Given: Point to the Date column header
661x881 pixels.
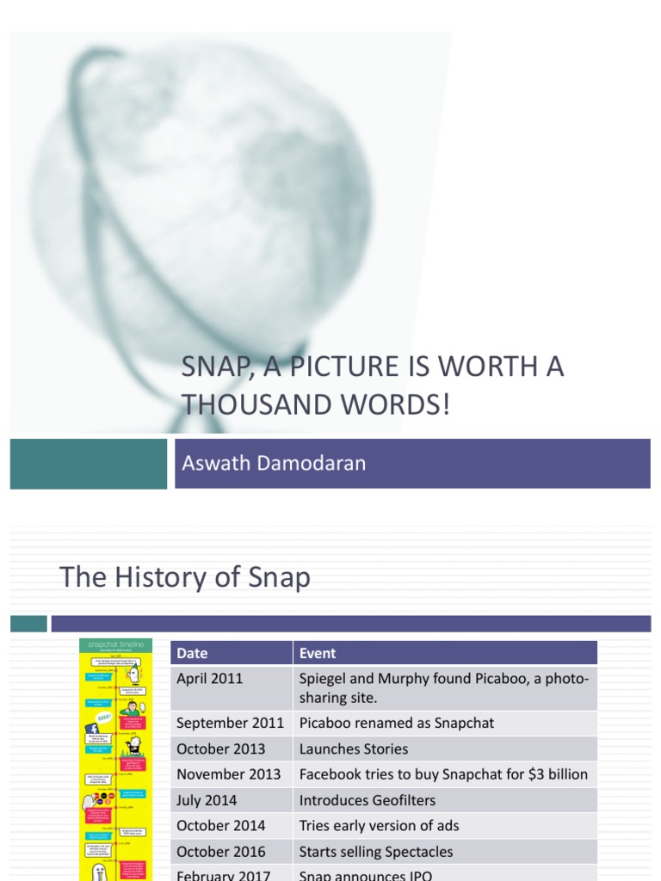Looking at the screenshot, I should tap(192, 653).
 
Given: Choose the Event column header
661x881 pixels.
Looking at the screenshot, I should tap(318, 653).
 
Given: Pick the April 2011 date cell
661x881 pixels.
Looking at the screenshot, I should tap(210, 679).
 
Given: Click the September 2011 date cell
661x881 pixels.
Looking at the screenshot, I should tap(231, 723).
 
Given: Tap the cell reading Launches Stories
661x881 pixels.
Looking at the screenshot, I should tap(354, 749).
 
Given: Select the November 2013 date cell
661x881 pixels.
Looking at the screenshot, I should tap(229, 774).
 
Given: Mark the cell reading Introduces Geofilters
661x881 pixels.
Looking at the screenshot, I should tap(368, 800).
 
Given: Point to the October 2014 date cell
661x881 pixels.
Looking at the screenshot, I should tap(221, 826).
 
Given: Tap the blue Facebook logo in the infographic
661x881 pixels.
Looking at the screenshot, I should tap(92, 729).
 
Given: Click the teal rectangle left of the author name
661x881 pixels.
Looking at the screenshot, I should tap(89, 463).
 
